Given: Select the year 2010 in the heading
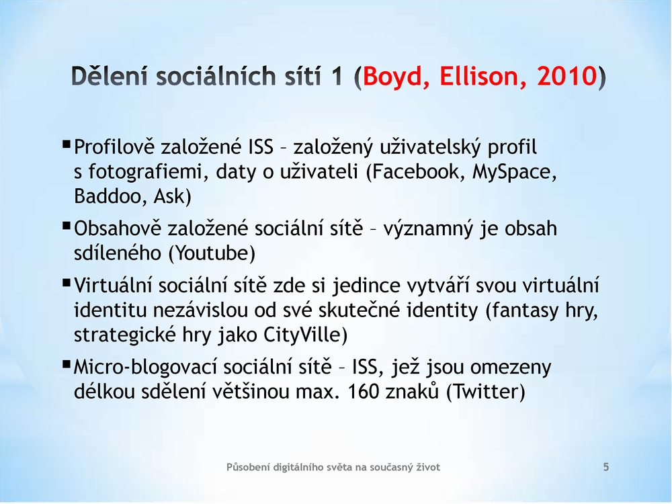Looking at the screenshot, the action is click(x=567, y=77).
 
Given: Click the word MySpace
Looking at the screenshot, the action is click(x=514, y=172).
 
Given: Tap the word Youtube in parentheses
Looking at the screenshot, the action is click(x=212, y=253).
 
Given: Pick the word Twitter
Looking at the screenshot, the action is click(x=485, y=391).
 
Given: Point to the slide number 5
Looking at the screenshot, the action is click(x=606, y=467).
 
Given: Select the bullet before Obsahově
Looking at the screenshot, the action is click(x=66, y=225).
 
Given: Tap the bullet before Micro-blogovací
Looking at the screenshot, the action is click(x=66, y=364).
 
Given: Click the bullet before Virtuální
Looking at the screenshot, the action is click(x=66, y=282).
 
